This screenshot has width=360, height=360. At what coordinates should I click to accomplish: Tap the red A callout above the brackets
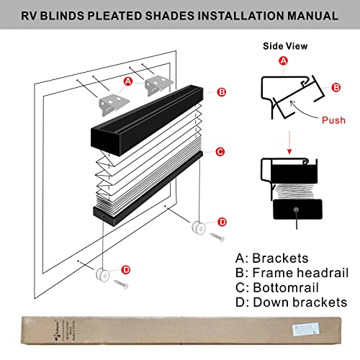tap(128, 81)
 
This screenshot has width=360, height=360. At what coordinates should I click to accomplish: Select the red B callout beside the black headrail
tap(222, 91)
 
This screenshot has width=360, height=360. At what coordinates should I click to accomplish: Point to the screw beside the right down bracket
tap(217, 235)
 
